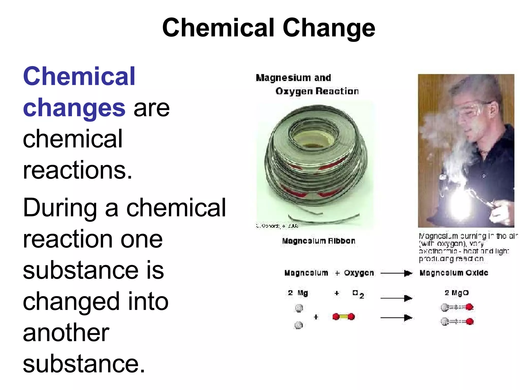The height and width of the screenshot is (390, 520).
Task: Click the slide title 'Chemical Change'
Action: click(x=268, y=28)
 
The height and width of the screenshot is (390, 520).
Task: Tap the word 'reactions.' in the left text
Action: click(x=77, y=170)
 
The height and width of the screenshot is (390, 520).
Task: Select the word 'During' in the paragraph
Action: click(x=60, y=208)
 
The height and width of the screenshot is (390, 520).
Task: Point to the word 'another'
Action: click(x=66, y=333)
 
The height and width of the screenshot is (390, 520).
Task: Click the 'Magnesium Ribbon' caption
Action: click(x=318, y=241)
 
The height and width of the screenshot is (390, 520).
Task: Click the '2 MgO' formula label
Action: click(x=457, y=293)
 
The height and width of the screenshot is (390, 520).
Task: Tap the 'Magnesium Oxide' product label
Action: click(x=454, y=273)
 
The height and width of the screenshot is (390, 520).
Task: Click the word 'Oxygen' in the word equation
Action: click(x=359, y=273)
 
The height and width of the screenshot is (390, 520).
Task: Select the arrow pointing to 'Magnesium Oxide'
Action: click(x=396, y=273)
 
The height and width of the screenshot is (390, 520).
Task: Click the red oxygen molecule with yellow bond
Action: click(x=343, y=317)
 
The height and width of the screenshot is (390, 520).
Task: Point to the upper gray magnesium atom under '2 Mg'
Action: click(x=299, y=308)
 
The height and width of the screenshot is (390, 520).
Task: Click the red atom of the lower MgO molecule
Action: click(x=470, y=321)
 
